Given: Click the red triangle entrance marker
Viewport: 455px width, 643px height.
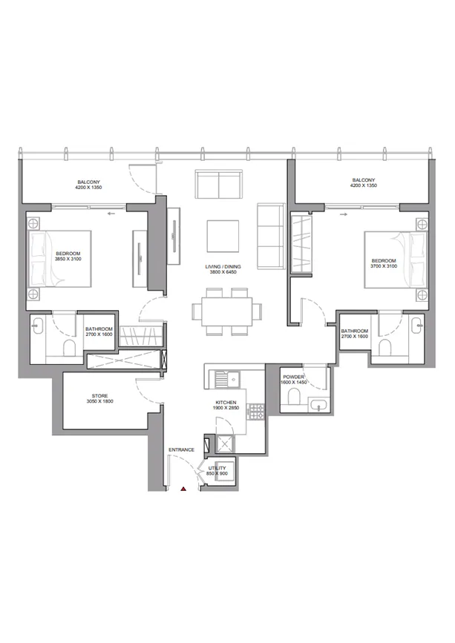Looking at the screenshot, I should (183, 489).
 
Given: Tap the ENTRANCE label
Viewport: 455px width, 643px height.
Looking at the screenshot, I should (181, 449).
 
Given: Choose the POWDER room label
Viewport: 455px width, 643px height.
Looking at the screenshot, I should (294, 377).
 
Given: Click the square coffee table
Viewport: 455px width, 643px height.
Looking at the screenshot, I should (223, 236).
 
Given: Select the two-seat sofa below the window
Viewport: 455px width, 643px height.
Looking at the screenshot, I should (218, 182).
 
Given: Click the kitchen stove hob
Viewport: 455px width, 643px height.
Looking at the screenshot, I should (257, 410).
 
